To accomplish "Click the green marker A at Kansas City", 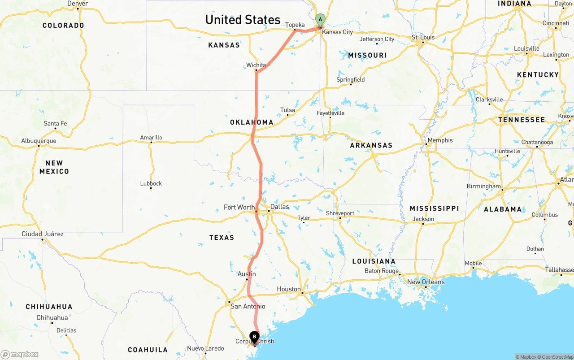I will click(x=320, y=19).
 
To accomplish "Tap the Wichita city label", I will click(x=256, y=65).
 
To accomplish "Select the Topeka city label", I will click(x=295, y=25).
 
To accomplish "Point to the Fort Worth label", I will click(x=239, y=207).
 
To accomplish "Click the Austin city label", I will click(x=247, y=274).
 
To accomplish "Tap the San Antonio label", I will click(x=248, y=307).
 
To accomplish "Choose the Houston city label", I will click(x=289, y=289).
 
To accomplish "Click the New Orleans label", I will click(x=426, y=282).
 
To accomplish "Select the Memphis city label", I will click(x=440, y=140).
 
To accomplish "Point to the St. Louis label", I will click(x=423, y=37).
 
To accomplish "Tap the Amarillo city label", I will click(x=151, y=138).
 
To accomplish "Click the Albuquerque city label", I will click(x=39, y=141).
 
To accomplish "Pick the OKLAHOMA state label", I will click(x=252, y=122).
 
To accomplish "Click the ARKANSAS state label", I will click(x=371, y=145).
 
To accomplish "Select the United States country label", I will click(x=243, y=20).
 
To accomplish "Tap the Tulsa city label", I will click(x=287, y=110).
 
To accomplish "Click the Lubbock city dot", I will click(x=151, y=188).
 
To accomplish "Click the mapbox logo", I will click(x=20, y=354).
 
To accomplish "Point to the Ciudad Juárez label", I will click(x=43, y=234).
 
